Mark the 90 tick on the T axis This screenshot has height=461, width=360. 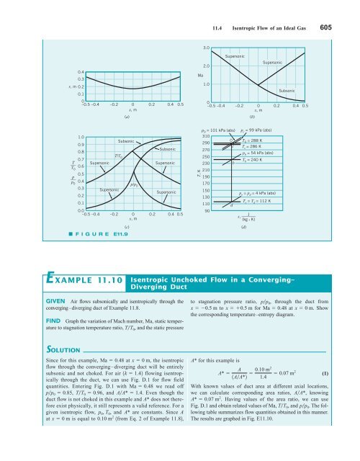pyautogui.click(x=207, y=211)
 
